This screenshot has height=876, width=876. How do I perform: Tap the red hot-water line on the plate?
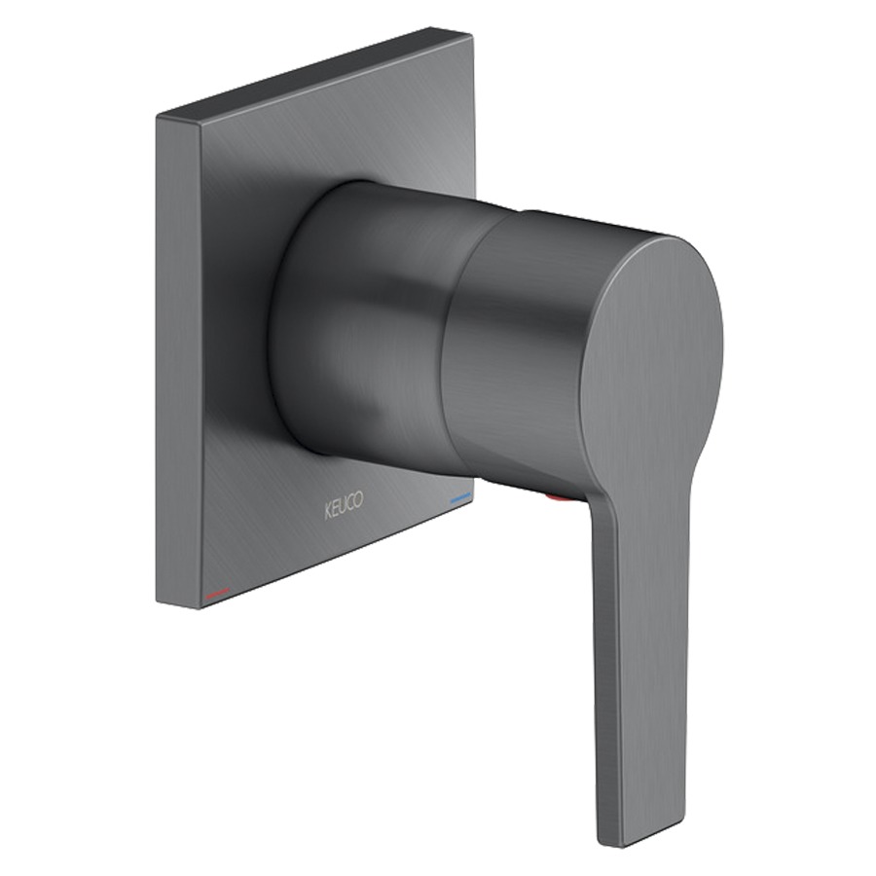(x=218, y=592)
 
